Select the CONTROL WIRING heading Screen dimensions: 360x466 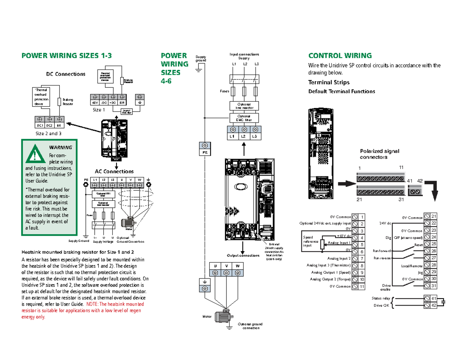coord(340,56)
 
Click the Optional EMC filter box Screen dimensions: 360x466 coord(244,118)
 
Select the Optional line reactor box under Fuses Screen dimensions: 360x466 coord(244,106)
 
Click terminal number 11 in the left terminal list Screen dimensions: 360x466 coord(362,287)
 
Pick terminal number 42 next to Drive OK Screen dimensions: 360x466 coord(434,306)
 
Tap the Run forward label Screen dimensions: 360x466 coord(382,251)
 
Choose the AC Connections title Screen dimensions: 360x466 coord(114,171)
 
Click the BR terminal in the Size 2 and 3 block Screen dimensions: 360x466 coord(59,126)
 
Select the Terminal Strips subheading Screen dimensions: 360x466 coord(329,82)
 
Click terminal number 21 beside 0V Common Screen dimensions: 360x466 coord(434,216)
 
